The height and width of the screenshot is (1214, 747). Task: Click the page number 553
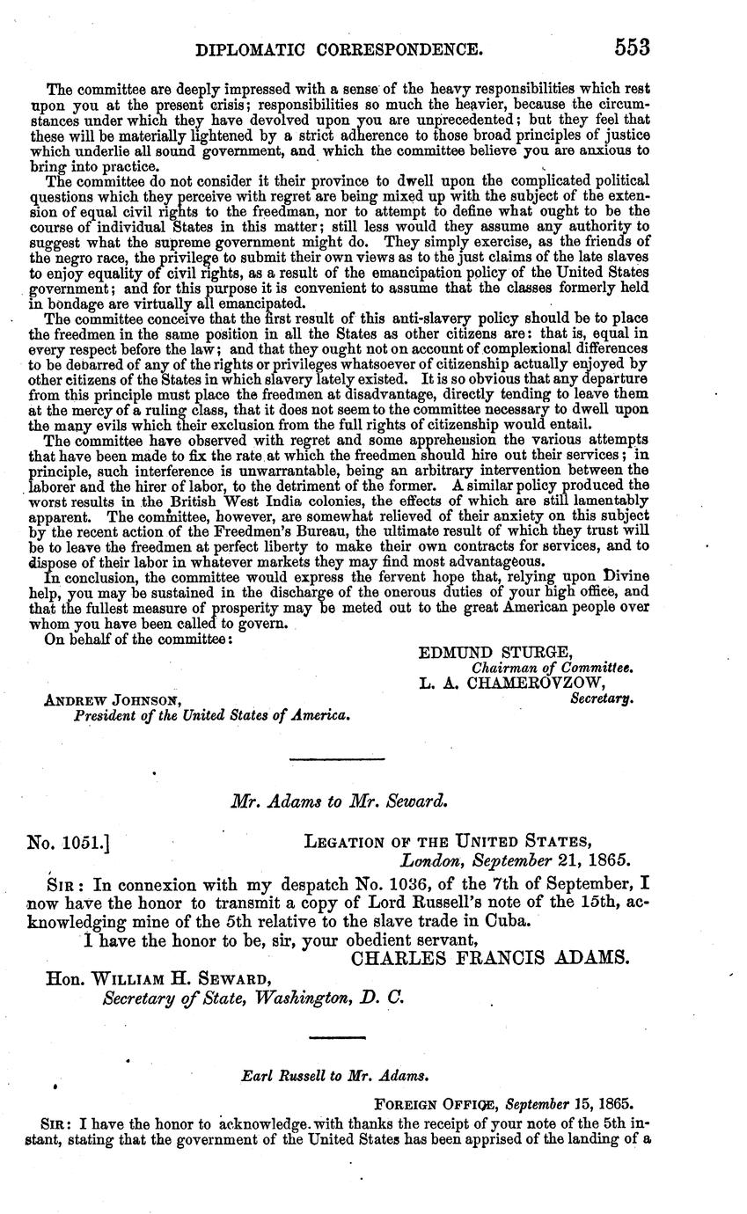[x=633, y=48]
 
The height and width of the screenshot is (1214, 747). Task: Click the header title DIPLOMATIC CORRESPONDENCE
[x=339, y=51]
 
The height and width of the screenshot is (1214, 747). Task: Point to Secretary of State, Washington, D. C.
[x=253, y=998]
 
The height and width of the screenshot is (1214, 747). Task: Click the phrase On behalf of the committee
[x=138, y=639]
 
